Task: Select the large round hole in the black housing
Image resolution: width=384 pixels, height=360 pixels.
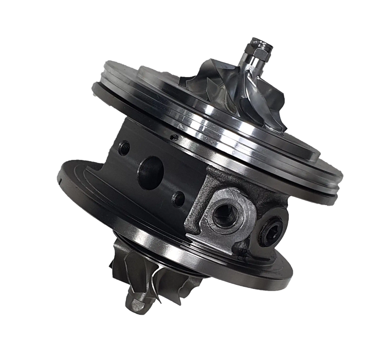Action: [152, 167]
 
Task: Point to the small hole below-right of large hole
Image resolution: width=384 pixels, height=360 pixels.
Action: [178, 196]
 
